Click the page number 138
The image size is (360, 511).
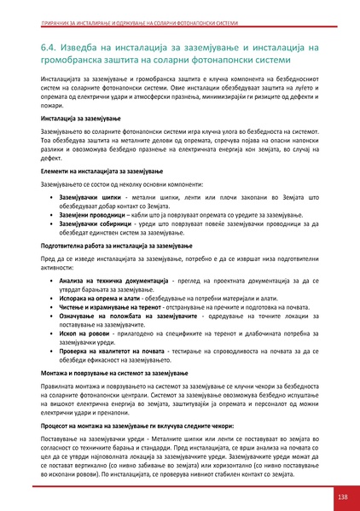coord(341,496)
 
